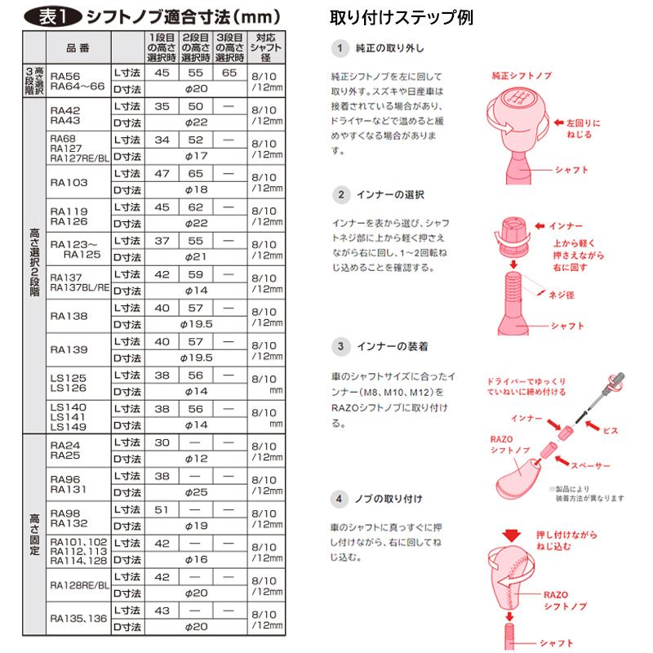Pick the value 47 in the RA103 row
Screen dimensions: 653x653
[162, 174]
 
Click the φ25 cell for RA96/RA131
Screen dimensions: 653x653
[198, 492]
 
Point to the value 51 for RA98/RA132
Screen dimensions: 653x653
[162, 509]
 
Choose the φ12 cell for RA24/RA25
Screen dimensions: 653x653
[198, 459]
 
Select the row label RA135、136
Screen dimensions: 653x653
[77, 618]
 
